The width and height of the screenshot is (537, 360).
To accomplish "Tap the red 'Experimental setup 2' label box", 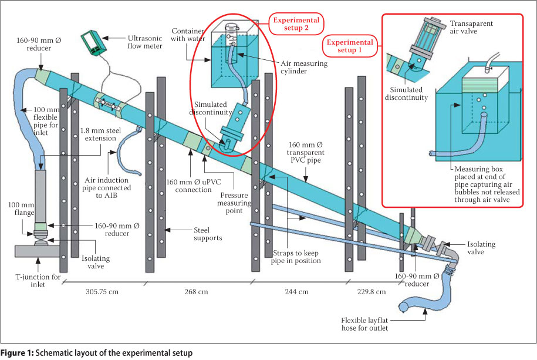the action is (296, 24).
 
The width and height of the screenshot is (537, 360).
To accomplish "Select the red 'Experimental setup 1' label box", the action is (350, 46).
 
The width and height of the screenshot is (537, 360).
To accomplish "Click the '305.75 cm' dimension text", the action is (102, 292).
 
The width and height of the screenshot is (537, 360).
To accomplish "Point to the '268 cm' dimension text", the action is (196, 292).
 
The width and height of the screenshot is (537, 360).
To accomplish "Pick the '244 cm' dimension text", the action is (296, 292).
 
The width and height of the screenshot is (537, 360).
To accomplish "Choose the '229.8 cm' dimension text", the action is (371, 292).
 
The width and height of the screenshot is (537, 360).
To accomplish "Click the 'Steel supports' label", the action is (208, 234).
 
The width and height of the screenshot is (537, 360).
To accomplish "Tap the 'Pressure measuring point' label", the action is (234, 203).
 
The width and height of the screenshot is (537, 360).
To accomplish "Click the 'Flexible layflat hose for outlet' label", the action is (364, 324).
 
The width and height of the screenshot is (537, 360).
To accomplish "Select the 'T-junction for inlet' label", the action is (38, 281).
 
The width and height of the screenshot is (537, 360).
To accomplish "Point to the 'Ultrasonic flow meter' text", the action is (145, 42).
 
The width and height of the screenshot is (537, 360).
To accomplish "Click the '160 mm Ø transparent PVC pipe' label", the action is (306, 152).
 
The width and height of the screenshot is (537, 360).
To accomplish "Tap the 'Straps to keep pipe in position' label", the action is (296, 257).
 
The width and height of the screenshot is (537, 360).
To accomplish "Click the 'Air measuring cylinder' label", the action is (304, 67).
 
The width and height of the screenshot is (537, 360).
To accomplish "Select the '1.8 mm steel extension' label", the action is (100, 134).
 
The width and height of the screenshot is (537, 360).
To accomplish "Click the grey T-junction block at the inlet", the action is (37, 251).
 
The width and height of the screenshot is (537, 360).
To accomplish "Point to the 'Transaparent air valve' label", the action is (471, 27).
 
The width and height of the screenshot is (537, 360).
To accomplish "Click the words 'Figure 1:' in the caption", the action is (17, 353).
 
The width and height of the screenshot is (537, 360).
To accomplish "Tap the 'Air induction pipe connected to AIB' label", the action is (106, 187).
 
